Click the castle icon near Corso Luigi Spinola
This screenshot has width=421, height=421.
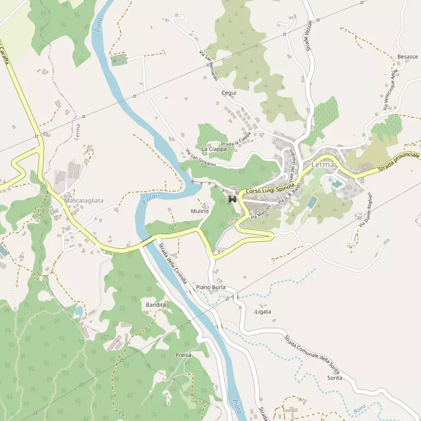point(232,199)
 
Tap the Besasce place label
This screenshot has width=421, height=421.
point(407,57)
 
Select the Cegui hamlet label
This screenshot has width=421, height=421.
point(229,93)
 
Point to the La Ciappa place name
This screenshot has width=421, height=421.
point(214,149)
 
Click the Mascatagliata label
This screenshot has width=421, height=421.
point(84,201)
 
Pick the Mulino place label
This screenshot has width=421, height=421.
point(200,212)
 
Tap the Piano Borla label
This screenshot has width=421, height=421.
point(210,287)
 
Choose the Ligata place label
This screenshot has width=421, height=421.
point(263,312)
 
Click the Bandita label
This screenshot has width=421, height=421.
point(156,304)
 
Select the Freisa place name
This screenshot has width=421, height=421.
point(184,355)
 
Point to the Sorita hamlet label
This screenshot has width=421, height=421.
point(334,378)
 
